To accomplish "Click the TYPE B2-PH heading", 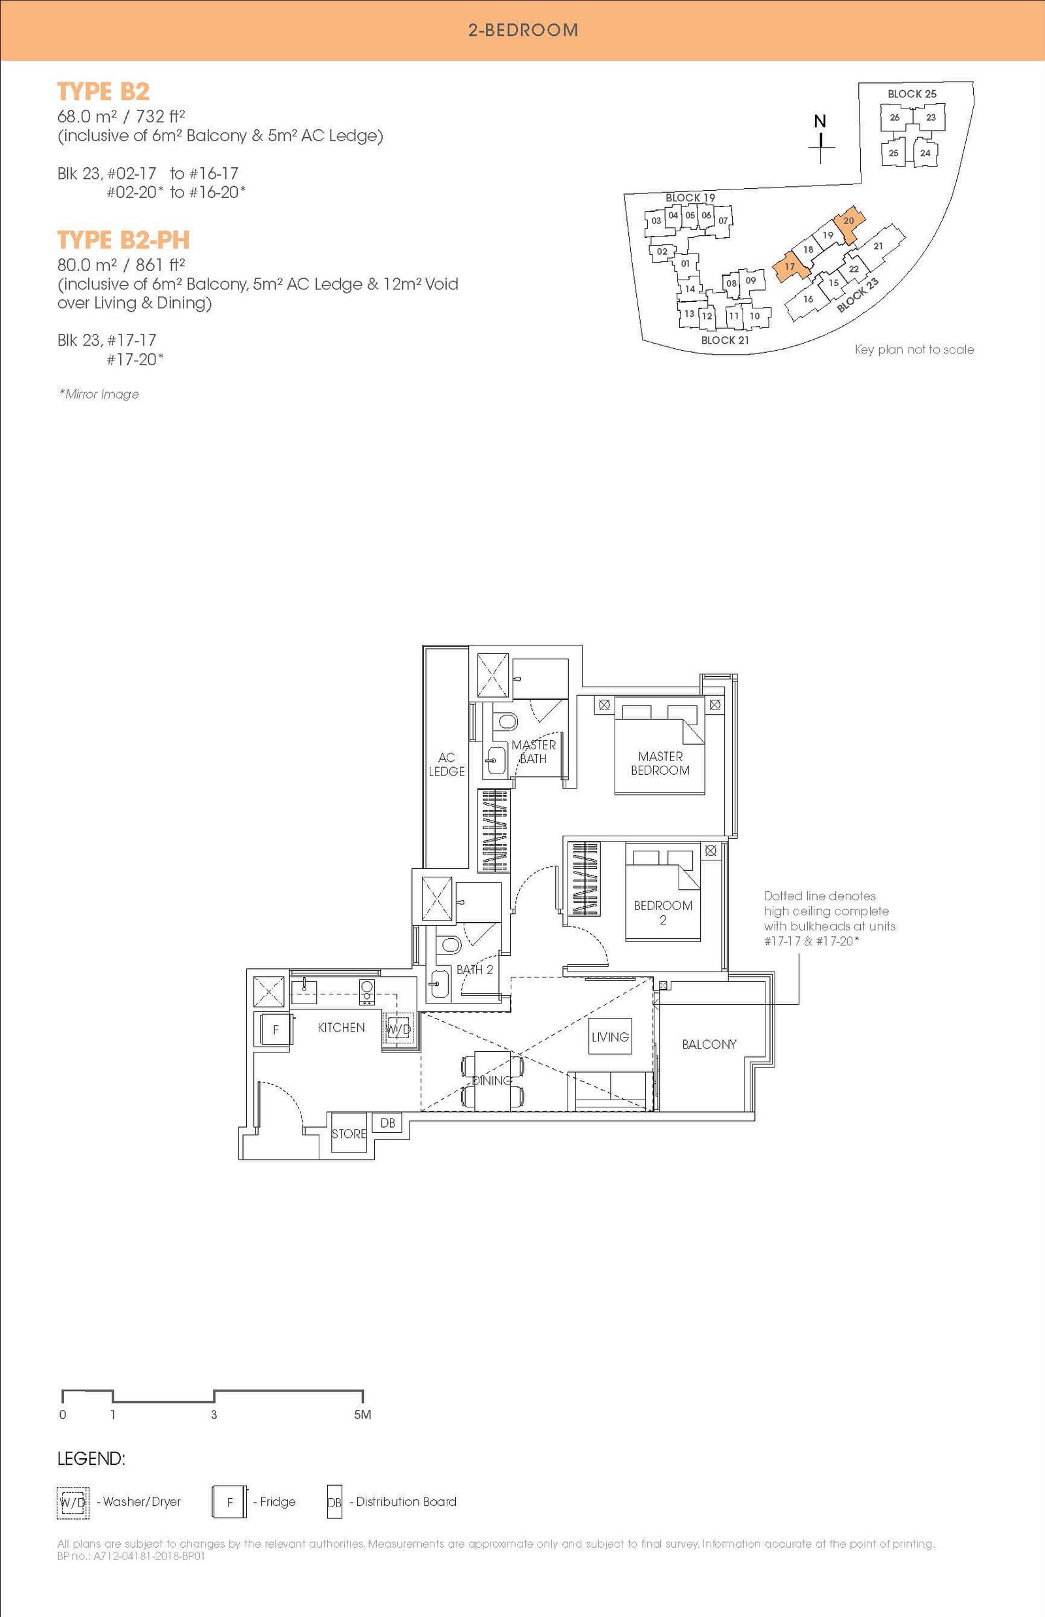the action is click(123, 240).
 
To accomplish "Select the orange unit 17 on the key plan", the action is click(791, 267).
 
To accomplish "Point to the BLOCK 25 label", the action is click(911, 93).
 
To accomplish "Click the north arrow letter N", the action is click(820, 122).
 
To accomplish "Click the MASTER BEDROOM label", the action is click(660, 763).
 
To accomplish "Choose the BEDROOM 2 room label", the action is click(663, 912).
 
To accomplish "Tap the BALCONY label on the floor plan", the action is click(709, 1044).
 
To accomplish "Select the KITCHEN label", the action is click(342, 1028).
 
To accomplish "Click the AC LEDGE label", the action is click(447, 764).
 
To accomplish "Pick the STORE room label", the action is click(349, 1134).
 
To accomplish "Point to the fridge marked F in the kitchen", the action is click(275, 1029).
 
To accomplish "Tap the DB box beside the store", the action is click(387, 1123).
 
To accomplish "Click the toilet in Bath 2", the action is click(449, 945).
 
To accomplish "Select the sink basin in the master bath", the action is click(495, 760).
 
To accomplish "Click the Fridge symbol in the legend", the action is click(229, 1502).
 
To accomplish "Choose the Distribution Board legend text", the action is click(406, 1501).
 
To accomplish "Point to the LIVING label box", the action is click(610, 1037).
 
